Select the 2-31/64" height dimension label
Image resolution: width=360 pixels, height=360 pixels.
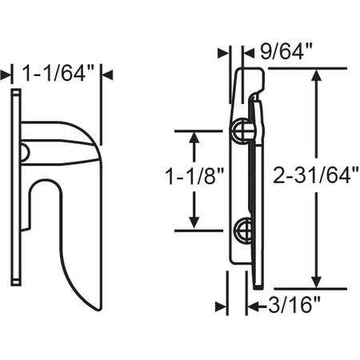[315, 175]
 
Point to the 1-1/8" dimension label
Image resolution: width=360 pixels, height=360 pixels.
[194, 176]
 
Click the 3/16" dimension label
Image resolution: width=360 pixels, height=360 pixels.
[294, 306]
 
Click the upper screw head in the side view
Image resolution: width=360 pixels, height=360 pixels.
[242, 130]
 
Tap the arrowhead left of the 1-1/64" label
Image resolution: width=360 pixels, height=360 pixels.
[6, 75]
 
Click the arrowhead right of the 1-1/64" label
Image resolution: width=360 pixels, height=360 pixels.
[107, 75]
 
